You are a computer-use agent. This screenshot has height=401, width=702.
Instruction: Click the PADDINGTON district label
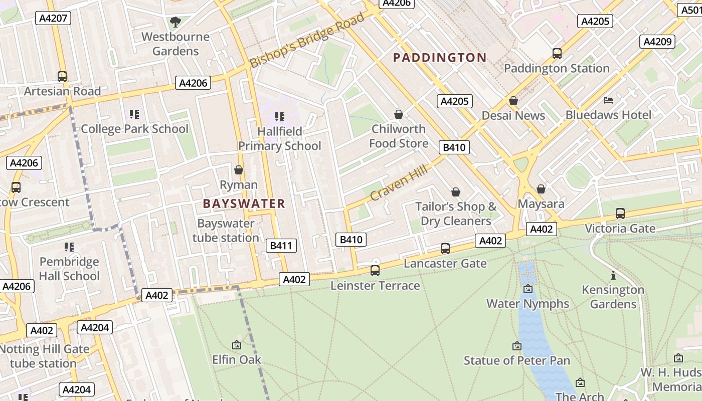[440, 58]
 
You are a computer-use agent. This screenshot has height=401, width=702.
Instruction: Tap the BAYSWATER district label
[244, 204]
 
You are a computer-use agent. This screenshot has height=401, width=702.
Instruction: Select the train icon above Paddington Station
[557, 54]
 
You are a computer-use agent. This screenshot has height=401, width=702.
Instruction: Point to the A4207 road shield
[53, 18]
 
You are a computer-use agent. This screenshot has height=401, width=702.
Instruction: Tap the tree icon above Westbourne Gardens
[175, 22]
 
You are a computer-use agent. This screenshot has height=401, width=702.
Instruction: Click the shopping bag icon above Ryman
[239, 170]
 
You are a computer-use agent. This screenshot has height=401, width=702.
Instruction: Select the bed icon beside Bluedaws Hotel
[608, 100]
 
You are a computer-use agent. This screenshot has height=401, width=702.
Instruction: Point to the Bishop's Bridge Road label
[307, 41]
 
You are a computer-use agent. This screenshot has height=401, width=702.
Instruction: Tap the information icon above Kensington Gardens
[613, 275]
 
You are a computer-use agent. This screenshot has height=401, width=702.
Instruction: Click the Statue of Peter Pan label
[517, 360]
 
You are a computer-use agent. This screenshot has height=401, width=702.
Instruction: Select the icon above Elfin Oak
[237, 345]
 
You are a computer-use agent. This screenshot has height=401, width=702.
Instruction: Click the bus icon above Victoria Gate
[620, 214]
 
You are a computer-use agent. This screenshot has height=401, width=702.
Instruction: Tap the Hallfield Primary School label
[279, 139]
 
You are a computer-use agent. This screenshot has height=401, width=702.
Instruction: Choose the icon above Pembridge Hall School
[69, 247]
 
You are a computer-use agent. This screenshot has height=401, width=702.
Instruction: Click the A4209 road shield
[657, 42]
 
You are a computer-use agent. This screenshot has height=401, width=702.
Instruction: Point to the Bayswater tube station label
[226, 231]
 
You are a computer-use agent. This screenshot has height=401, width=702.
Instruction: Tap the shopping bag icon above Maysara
[541, 189]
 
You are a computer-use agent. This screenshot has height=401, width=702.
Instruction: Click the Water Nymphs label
[528, 304]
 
